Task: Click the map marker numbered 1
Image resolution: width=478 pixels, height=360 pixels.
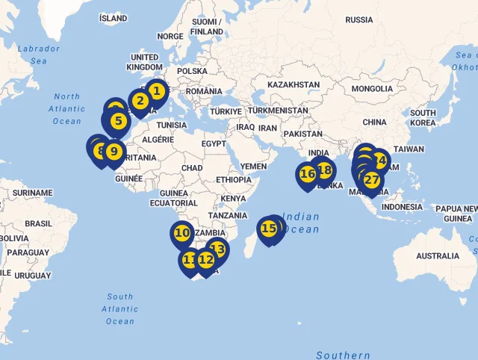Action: tap(156, 92)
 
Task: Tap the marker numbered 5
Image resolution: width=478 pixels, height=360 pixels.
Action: tap(118, 120)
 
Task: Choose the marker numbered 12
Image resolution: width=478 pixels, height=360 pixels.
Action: tap(206, 260)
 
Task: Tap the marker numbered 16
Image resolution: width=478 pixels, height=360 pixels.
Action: tap(307, 175)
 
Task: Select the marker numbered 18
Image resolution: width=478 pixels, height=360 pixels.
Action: tap(324, 170)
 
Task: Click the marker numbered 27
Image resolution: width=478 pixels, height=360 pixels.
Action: tap(371, 180)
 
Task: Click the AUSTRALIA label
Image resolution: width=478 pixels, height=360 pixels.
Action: tap(438, 256)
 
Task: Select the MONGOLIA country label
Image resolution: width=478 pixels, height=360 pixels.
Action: tap(371, 89)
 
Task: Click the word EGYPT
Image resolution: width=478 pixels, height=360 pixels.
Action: tap(214, 143)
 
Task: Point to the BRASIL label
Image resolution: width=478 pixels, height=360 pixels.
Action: tap(39, 223)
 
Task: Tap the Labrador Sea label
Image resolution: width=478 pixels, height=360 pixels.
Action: tap(38, 55)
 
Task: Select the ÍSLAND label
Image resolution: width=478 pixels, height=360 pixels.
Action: tap(114, 18)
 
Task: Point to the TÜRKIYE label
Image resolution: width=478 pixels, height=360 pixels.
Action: tap(226, 111)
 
